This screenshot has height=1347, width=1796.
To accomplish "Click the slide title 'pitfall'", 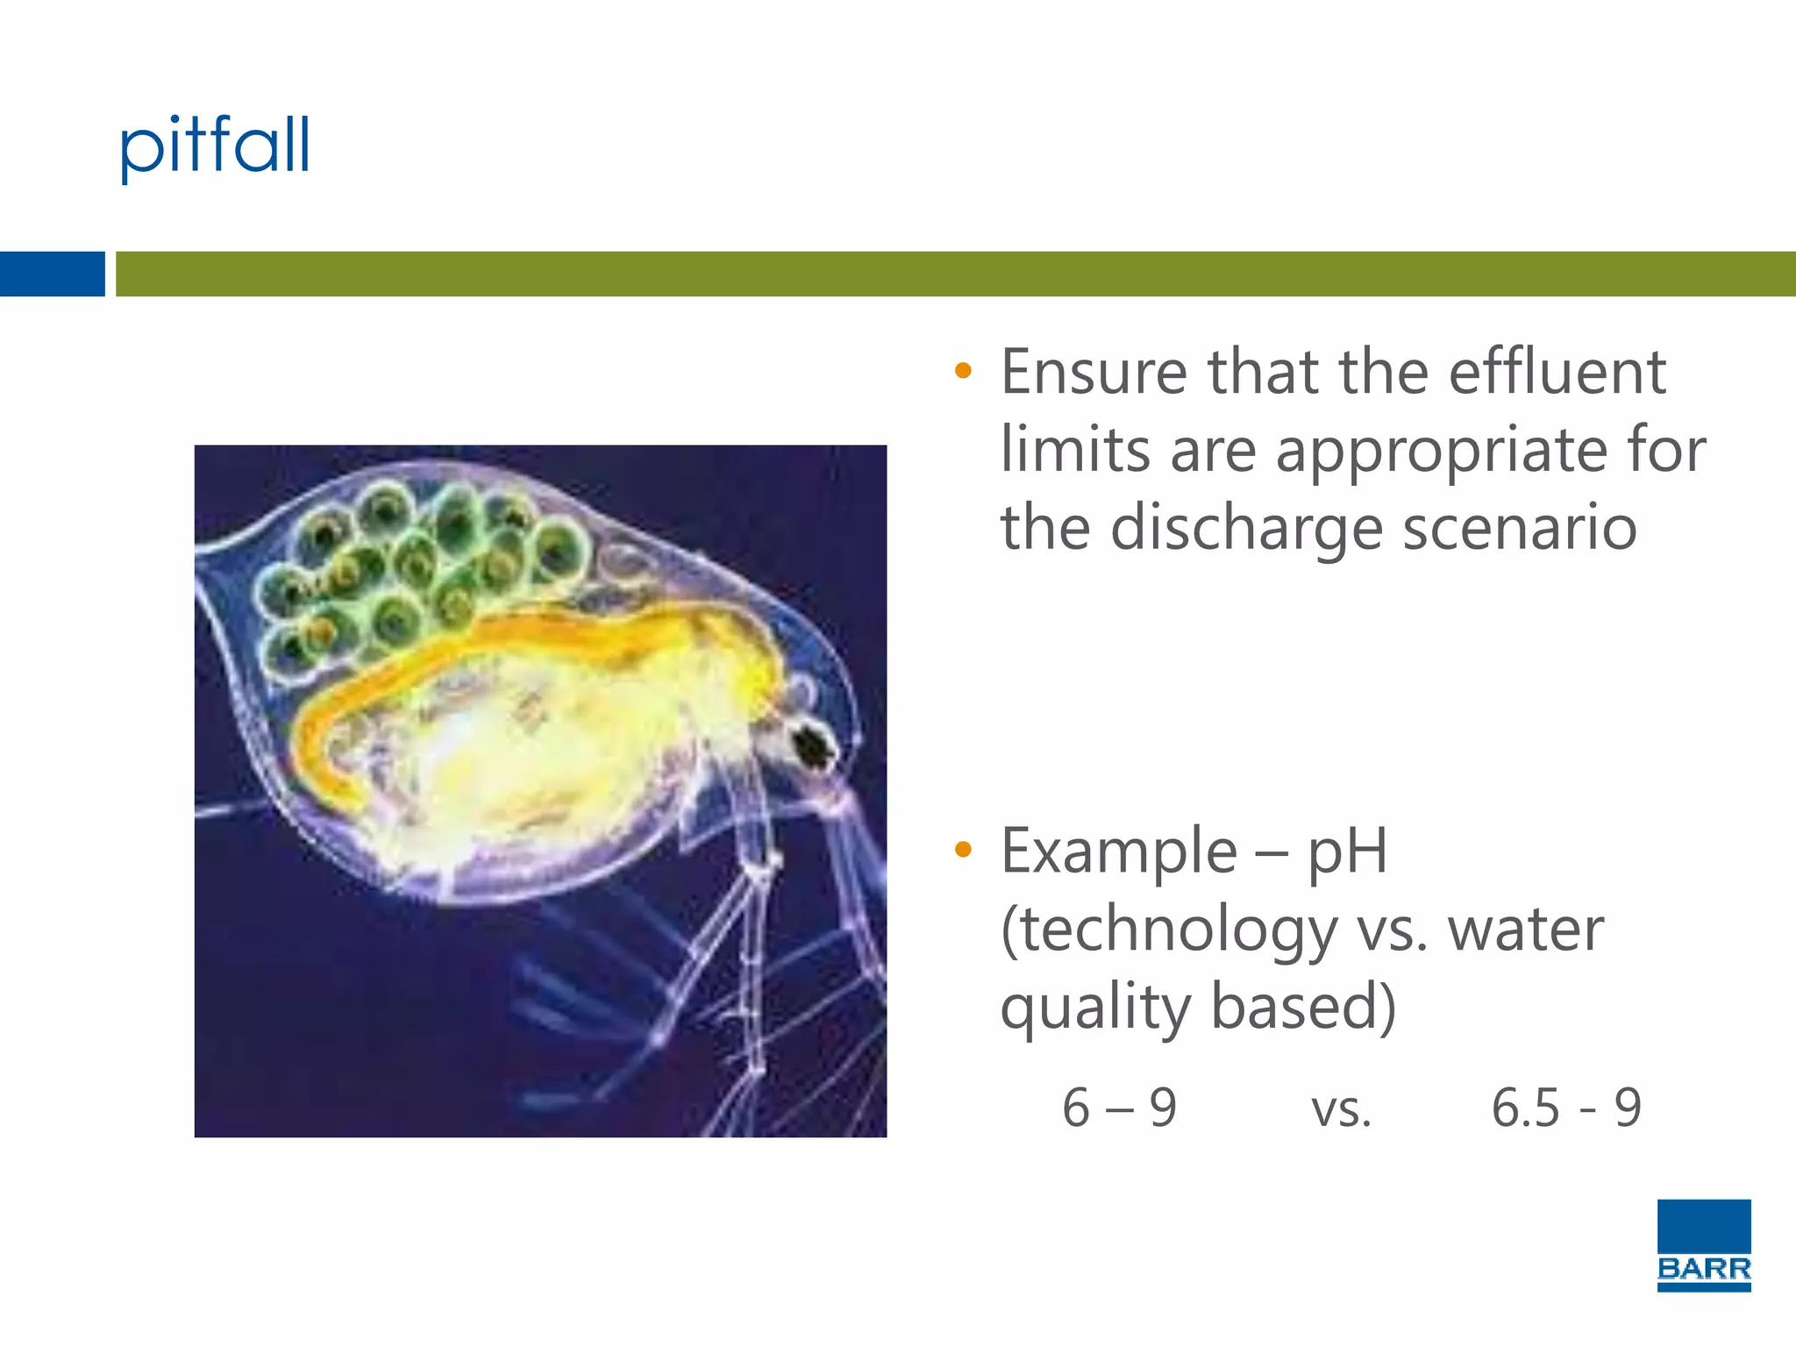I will click(x=215, y=146).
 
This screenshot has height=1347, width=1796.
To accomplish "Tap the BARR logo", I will click(x=1703, y=1245).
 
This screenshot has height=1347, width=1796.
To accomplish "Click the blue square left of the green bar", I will click(x=52, y=274).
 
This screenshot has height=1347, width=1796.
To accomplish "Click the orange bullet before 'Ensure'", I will click(x=963, y=371).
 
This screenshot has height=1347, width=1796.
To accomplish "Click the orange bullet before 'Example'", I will click(x=963, y=849).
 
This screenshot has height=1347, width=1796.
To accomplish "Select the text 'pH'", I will click(x=1347, y=852).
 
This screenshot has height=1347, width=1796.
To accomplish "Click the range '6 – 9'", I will click(x=1119, y=1108).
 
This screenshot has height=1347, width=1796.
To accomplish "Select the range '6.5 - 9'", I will click(x=1565, y=1108).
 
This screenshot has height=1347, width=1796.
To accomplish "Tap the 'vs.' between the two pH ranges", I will click(x=1341, y=1110).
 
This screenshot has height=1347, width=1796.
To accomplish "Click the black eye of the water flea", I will click(x=815, y=744).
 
